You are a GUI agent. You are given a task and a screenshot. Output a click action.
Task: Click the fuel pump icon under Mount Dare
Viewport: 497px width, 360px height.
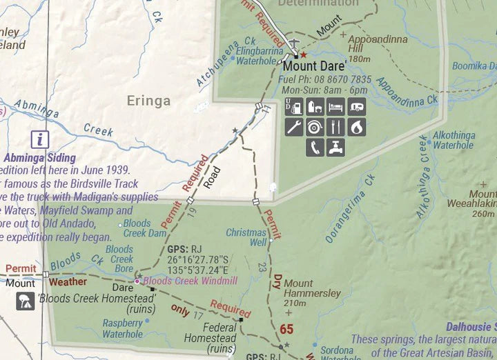click(x=295, y=107)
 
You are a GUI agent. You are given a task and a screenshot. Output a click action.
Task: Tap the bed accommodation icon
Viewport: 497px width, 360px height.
click(x=335, y=107)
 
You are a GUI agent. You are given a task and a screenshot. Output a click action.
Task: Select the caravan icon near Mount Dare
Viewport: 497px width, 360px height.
click(x=356, y=107)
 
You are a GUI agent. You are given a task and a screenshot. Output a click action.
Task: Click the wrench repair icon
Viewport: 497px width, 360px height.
click(x=295, y=127)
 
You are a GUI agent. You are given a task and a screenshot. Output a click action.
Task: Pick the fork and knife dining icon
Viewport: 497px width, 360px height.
click(x=335, y=127)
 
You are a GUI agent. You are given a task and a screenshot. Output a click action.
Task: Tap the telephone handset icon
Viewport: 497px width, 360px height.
click(x=315, y=147)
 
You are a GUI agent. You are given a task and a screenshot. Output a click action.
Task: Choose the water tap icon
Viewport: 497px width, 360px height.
click(x=335, y=147)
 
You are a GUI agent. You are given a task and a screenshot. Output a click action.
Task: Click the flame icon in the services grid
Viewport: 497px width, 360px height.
click(x=356, y=127)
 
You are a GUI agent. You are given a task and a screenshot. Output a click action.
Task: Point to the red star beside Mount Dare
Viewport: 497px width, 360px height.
click(x=303, y=54)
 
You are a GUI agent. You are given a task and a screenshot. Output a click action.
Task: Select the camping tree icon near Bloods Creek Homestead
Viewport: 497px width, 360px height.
click(x=26, y=300)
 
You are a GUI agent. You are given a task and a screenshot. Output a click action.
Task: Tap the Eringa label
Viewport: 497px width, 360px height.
click(x=148, y=101)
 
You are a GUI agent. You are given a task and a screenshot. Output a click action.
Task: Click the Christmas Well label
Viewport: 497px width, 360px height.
click(x=246, y=237)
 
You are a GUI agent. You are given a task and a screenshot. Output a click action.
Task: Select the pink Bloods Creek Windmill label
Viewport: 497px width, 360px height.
click(x=190, y=281)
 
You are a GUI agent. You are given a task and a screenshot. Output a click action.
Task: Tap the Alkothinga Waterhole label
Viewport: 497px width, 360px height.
click(x=453, y=141)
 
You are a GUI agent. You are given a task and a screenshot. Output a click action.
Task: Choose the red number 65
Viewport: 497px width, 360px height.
click(x=286, y=329)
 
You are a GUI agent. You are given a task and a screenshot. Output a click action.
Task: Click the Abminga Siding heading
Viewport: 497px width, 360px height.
click(x=39, y=158)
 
